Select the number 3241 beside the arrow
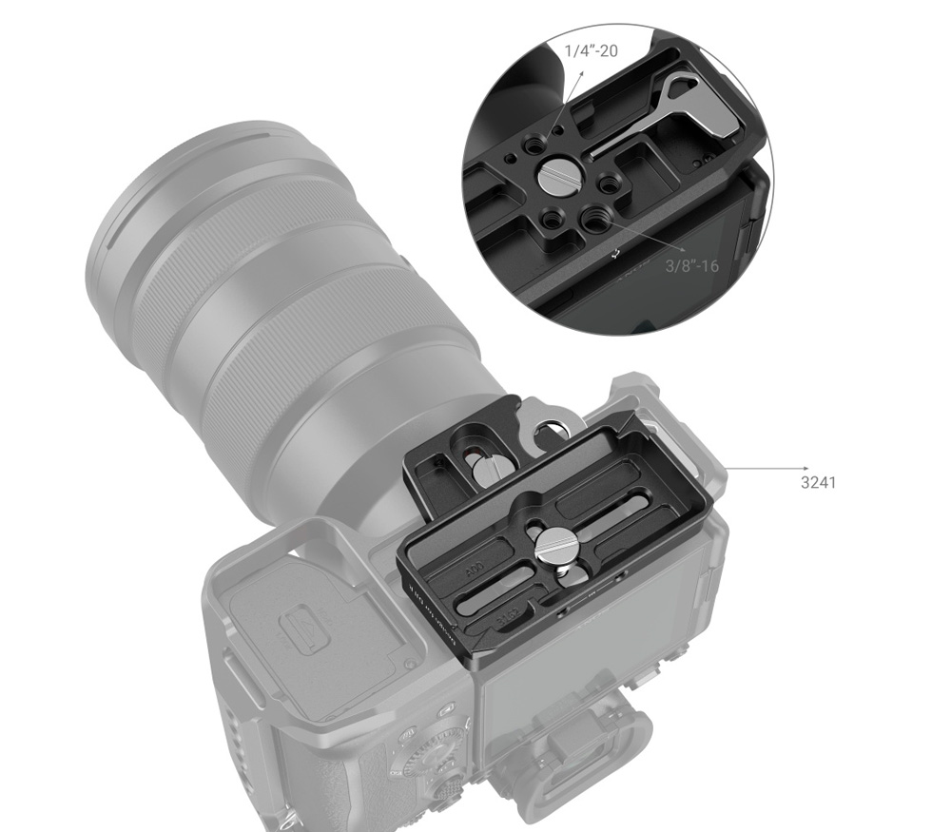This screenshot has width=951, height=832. click(x=818, y=482)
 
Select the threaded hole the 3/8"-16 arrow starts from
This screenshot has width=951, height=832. click(x=597, y=222)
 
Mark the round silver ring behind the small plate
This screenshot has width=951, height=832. click(x=551, y=436)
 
